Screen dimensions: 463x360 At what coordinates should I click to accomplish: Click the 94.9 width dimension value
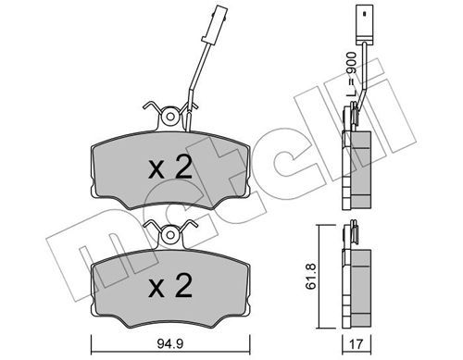170,343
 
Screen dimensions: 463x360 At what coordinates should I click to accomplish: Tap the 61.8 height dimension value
310,276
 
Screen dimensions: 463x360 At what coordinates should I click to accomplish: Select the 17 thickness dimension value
357,344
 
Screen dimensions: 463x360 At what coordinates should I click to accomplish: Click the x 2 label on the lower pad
170,285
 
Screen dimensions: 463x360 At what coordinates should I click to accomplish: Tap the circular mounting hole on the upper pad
170,117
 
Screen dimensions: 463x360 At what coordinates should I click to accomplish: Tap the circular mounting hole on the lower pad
170,235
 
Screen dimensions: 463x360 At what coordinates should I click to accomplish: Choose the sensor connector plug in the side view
365,24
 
